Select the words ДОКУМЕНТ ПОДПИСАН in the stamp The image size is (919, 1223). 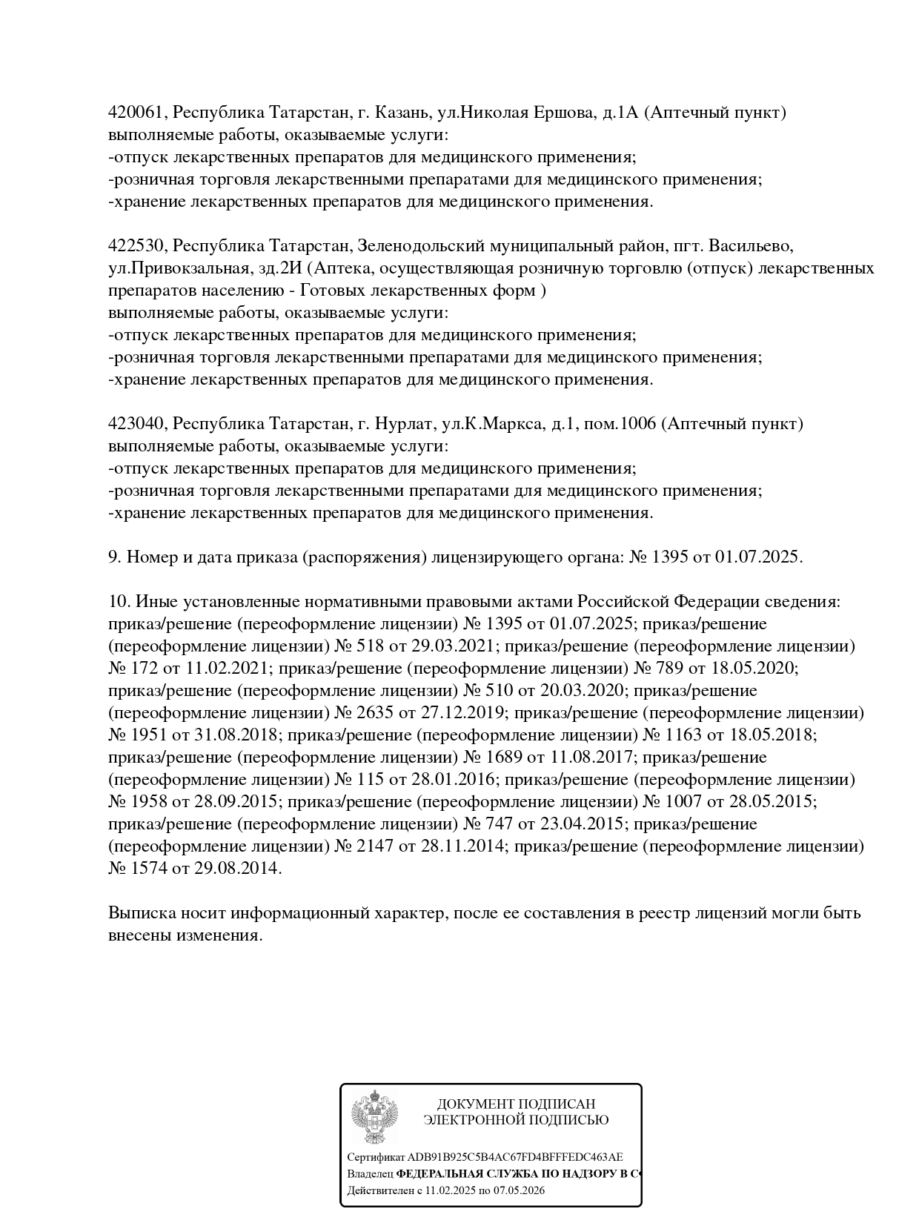(x=516, y=1104)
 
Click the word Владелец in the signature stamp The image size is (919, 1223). (x=370, y=1175)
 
